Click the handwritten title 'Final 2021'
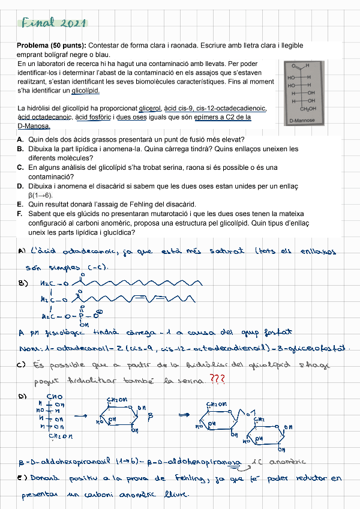[x=54, y=23]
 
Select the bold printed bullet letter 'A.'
[x=20, y=139]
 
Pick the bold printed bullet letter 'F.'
[x=20, y=214]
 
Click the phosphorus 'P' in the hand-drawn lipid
[x=79, y=315]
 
